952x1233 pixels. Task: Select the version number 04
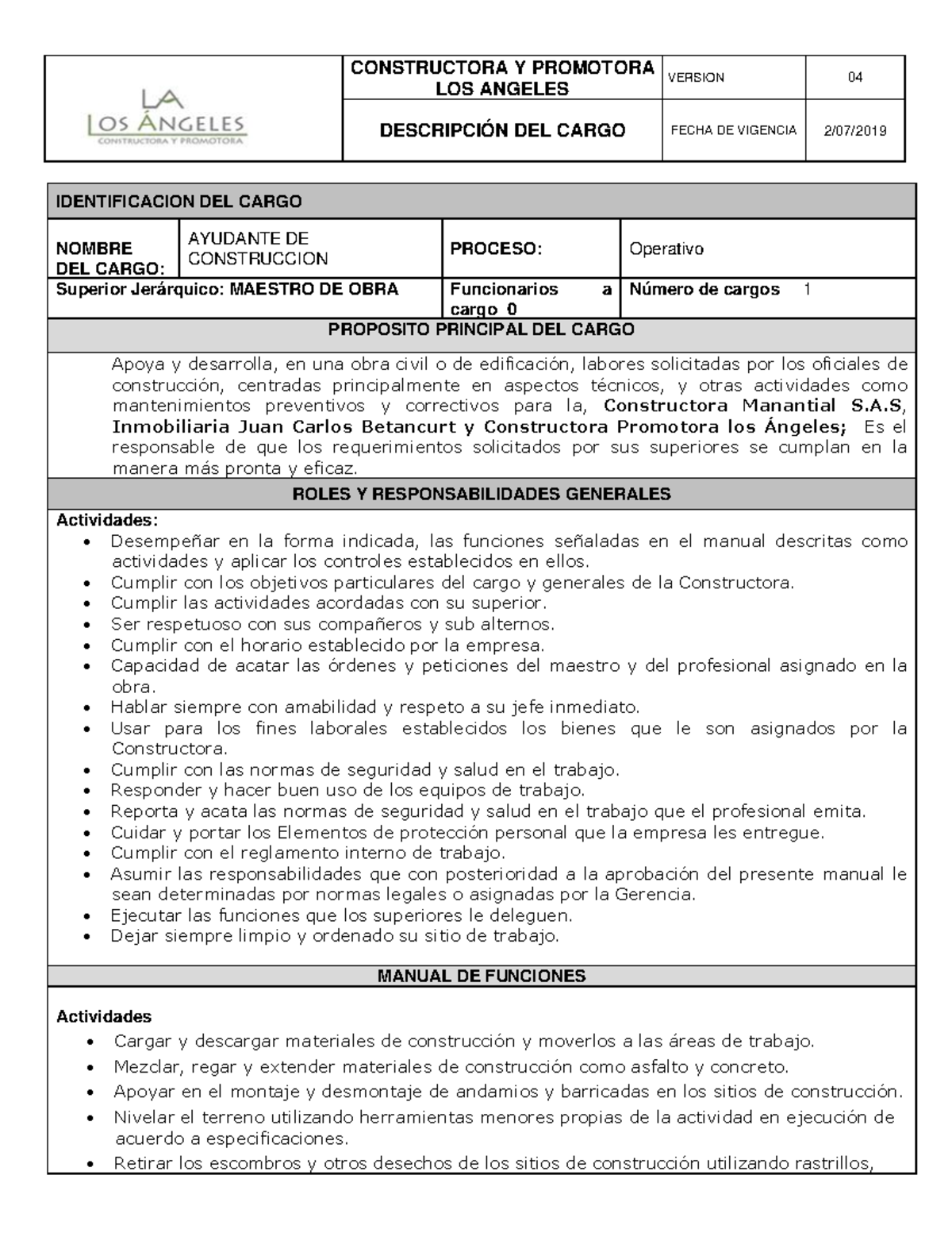[x=854, y=78]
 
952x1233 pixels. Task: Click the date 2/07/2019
[x=854, y=131]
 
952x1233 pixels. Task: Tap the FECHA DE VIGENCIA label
[x=733, y=131]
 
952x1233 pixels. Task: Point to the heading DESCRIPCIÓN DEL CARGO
[x=502, y=131]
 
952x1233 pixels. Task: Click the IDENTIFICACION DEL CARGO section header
[x=178, y=202]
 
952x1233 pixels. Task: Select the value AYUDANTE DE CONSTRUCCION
[x=258, y=249]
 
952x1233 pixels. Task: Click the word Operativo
[x=666, y=249]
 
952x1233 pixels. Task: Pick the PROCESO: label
[x=496, y=249]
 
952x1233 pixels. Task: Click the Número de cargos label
[x=704, y=290]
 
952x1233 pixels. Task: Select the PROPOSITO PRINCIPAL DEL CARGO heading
[x=482, y=329]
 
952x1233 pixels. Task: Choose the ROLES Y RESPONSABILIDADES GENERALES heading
[x=482, y=494]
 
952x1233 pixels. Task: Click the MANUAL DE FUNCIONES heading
[x=482, y=976]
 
